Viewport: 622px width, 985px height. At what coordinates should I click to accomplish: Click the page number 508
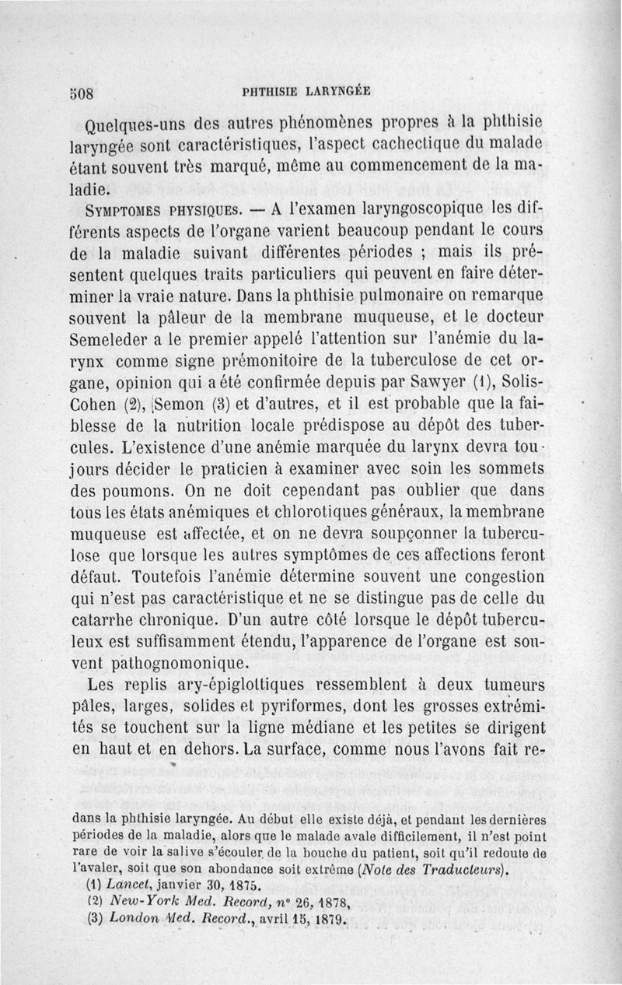coord(81,91)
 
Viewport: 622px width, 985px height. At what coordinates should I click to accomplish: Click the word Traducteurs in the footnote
coord(461,868)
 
